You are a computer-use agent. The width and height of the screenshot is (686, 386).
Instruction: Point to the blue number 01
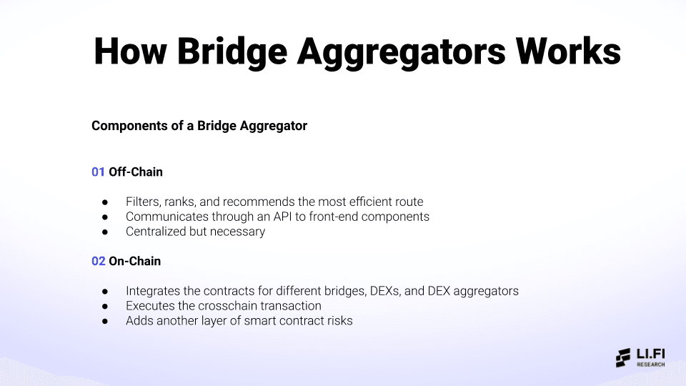(x=98, y=172)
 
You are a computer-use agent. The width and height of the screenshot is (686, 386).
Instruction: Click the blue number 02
(x=98, y=261)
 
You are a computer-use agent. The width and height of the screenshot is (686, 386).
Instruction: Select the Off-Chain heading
(x=136, y=172)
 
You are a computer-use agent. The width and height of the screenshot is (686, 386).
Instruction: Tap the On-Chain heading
(x=134, y=261)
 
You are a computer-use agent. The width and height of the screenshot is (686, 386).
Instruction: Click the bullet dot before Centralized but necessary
(x=105, y=232)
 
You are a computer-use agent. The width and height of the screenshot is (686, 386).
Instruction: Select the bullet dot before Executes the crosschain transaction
(x=105, y=307)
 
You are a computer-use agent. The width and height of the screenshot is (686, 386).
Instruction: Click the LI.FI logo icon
(x=624, y=357)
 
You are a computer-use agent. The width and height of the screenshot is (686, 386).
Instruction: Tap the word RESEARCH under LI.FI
(x=651, y=365)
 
